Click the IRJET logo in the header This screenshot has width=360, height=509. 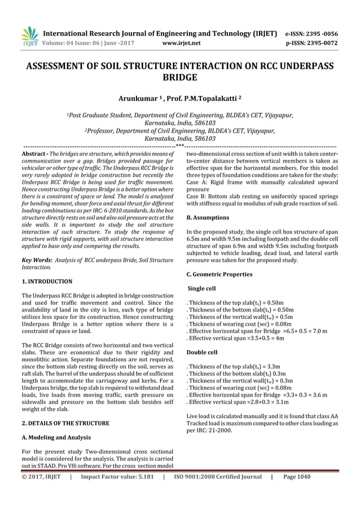click(x=30, y=36)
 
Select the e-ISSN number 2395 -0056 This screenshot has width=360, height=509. click(x=323, y=32)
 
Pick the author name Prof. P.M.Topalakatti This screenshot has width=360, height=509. click(x=205, y=100)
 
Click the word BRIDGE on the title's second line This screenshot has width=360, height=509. click(x=180, y=77)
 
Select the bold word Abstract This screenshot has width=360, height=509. click(x=33, y=154)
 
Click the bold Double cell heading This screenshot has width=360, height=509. click(x=201, y=352)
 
